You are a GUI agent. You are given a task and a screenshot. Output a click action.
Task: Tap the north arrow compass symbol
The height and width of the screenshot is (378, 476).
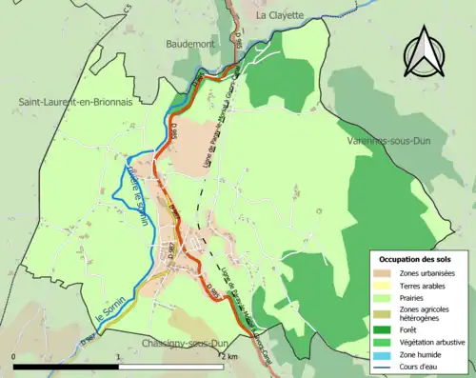coord(425,55)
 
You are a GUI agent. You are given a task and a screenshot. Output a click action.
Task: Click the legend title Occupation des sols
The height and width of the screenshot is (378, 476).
coord(418,259)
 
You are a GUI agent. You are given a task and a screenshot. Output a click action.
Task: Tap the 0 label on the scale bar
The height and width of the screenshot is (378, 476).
coord(14,356)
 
